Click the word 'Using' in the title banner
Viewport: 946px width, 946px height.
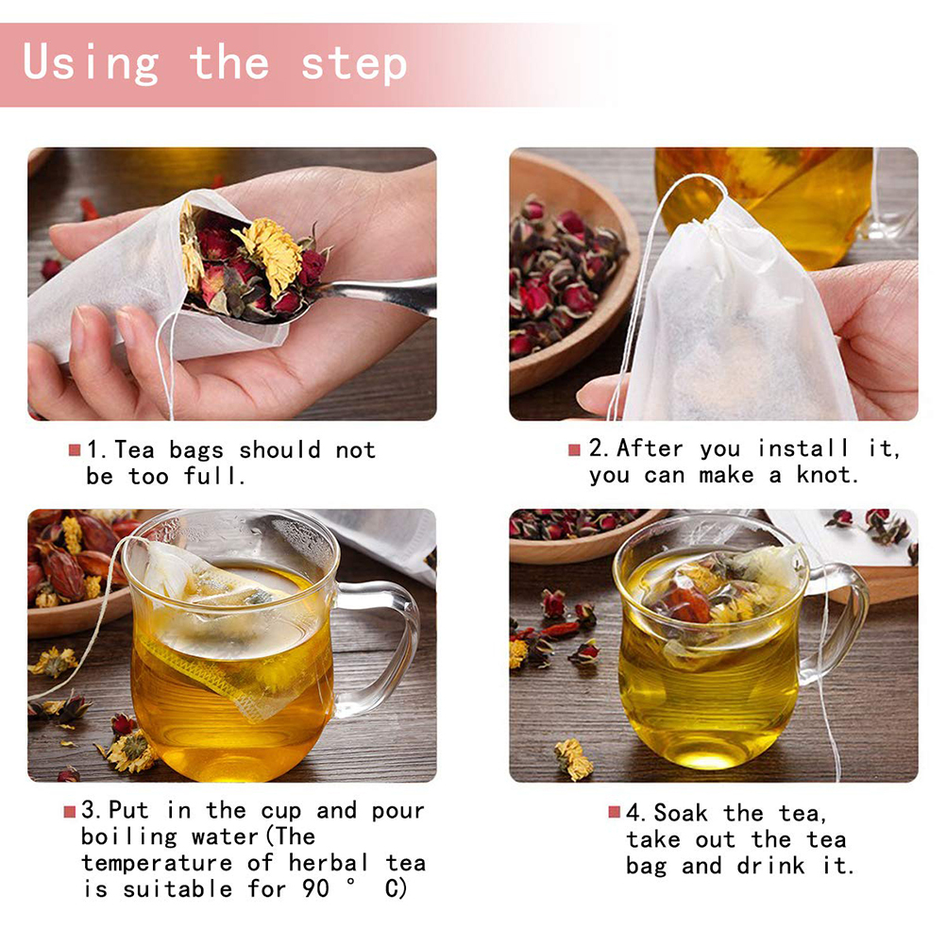pos(91,63)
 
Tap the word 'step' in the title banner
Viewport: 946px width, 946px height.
pos(354,64)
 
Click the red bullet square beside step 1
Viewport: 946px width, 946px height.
pos(75,450)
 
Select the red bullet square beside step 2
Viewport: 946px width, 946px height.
pos(574,449)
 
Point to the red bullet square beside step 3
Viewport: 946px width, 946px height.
pos(69,811)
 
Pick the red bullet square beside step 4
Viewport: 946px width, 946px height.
pos(615,812)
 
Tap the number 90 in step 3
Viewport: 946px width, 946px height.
pos(315,888)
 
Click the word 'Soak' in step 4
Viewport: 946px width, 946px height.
pos(681,813)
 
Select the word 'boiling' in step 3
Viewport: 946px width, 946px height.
pos(129,837)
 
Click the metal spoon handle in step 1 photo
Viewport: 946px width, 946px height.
pos(385,295)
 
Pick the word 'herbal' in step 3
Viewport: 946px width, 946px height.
pos(328,863)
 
